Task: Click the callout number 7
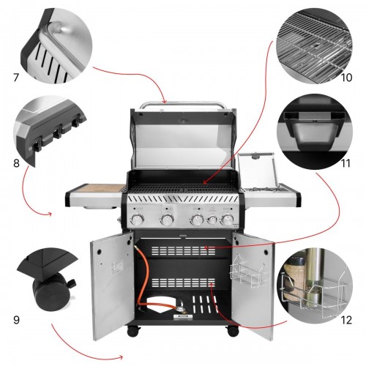pyautogui.click(x=16, y=78)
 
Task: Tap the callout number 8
pyautogui.click(x=16, y=163)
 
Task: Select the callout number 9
pyautogui.click(x=16, y=320)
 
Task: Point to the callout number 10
pyautogui.click(x=346, y=78)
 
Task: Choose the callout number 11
pyautogui.click(x=346, y=163)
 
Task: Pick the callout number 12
pyautogui.click(x=346, y=320)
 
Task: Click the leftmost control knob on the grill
pyautogui.click(x=138, y=220)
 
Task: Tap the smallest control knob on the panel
pyautogui.click(x=212, y=220)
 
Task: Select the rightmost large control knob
pyautogui.click(x=227, y=220)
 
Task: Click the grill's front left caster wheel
pyautogui.click(x=134, y=331)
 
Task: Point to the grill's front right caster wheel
pyautogui.click(x=233, y=331)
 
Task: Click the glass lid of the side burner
pyautogui.click(x=257, y=171)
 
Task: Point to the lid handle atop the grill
pyautogui.click(x=183, y=105)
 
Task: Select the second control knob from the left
pyautogui.click(x=167, y=220)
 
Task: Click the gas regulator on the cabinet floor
pyautogui.click(x=181, y=308)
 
